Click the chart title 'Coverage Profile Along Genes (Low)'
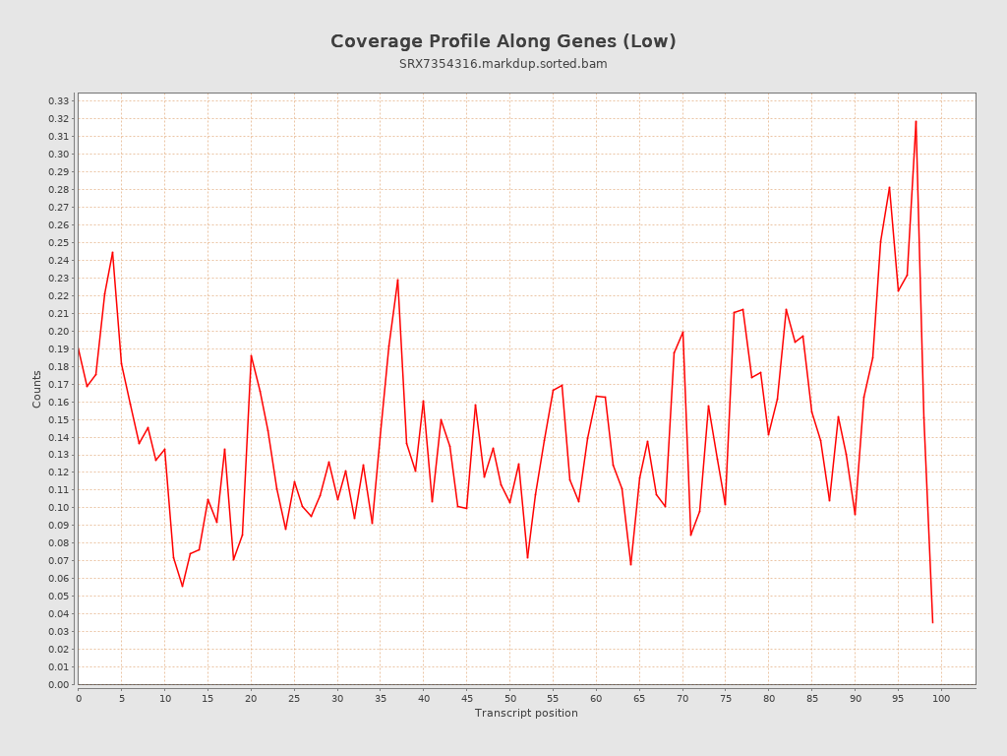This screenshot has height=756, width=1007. click(503, 41)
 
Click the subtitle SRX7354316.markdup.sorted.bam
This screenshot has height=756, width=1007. click(503, 64)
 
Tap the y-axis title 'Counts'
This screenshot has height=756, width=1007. click(37, 389)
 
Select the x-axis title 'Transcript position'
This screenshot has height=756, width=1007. click(526, 713)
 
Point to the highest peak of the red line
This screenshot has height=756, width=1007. click(916, 121)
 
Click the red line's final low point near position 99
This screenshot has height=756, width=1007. click(932, 622)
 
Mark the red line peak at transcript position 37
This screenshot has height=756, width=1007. click(397, 280)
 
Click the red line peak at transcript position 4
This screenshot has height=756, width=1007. click(112, 252)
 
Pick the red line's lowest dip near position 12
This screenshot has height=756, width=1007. click(182, 587)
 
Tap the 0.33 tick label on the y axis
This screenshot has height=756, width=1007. click(59, 101)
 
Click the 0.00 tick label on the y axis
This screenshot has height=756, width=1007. click(59, 684)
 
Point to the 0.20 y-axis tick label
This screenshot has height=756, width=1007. click(59, 331)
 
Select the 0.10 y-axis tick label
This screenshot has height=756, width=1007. click(59, 508)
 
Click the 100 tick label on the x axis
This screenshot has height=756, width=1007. click(941, 699)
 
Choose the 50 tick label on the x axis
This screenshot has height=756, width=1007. click(509, 699)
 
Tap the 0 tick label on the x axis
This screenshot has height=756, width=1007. click(79, 699)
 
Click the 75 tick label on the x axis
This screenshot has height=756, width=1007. click(726, 699)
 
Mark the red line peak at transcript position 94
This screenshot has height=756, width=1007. click(889, 187)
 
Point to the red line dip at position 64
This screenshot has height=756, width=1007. click(630, 564)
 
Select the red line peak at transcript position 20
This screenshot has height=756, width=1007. click(251, 355)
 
